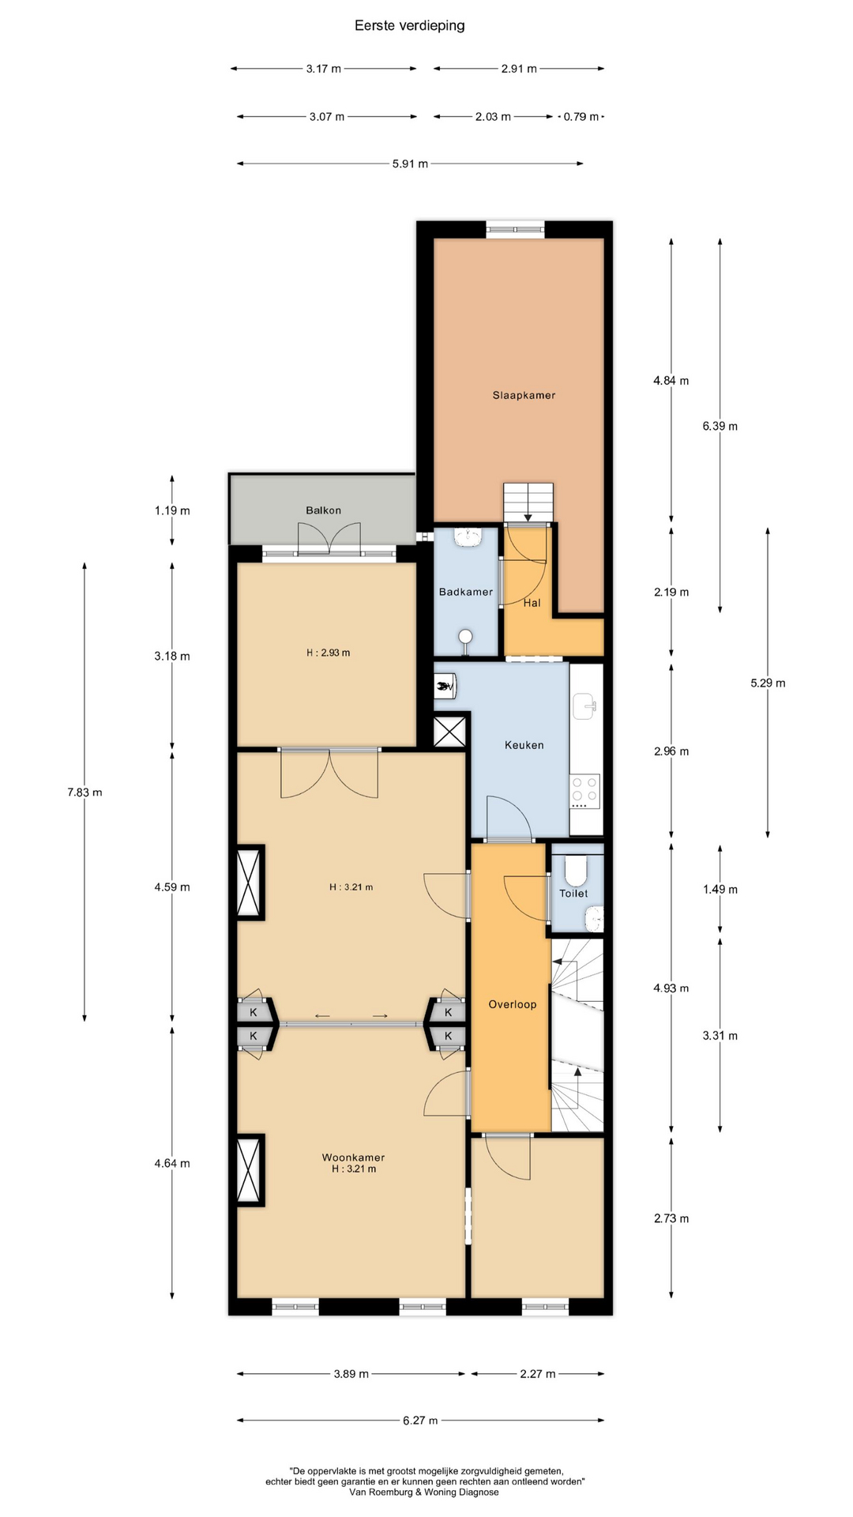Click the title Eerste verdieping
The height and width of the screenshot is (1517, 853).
point(409,25)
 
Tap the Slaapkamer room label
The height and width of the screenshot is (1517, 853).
point(524,395)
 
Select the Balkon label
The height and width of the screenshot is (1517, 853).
point(324,510)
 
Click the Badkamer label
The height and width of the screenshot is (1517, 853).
point(466,592)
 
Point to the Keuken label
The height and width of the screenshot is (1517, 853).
point(524,745)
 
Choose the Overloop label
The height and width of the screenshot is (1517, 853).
point(513,1004)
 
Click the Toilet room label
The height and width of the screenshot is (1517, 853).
point(573,894)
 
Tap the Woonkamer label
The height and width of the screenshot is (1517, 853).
point(353,1158)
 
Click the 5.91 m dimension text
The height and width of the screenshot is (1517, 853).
point(410,164)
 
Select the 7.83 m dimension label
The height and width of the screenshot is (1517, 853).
point(85,792)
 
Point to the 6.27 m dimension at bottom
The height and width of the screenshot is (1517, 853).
point(420,1421)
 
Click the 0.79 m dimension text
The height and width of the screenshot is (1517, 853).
point(581,116)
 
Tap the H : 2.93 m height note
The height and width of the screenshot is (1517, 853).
point(328,653)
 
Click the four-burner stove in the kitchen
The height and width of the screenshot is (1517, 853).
point(585,791)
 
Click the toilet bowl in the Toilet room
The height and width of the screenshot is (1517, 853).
point(576,871)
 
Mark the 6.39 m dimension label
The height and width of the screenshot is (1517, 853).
point(720,426)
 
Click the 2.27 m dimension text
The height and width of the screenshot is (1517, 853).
point(538,1374)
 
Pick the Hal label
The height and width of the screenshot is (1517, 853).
point(532,603)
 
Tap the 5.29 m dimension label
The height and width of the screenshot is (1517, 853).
point(768,683)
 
